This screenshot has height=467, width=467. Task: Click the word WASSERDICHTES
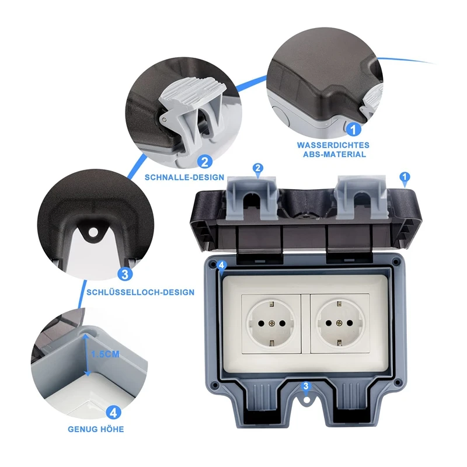click(x=333, y=145)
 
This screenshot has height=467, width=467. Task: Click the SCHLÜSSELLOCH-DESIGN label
click(x=140, y=292)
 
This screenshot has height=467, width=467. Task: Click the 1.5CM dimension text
click(x=104, y=353)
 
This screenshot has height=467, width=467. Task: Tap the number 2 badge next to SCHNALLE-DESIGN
click(x=204, y=161)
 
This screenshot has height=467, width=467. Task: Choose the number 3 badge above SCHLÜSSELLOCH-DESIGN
click(x=124, y=274)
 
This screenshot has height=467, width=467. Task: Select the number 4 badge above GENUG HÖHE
click(x=114, y=412)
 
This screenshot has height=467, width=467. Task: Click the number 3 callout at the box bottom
click(x=305, y=386)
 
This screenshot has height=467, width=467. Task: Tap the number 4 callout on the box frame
click(x=221, y=266)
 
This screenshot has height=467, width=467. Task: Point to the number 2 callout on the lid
click(x=258, y=168)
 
